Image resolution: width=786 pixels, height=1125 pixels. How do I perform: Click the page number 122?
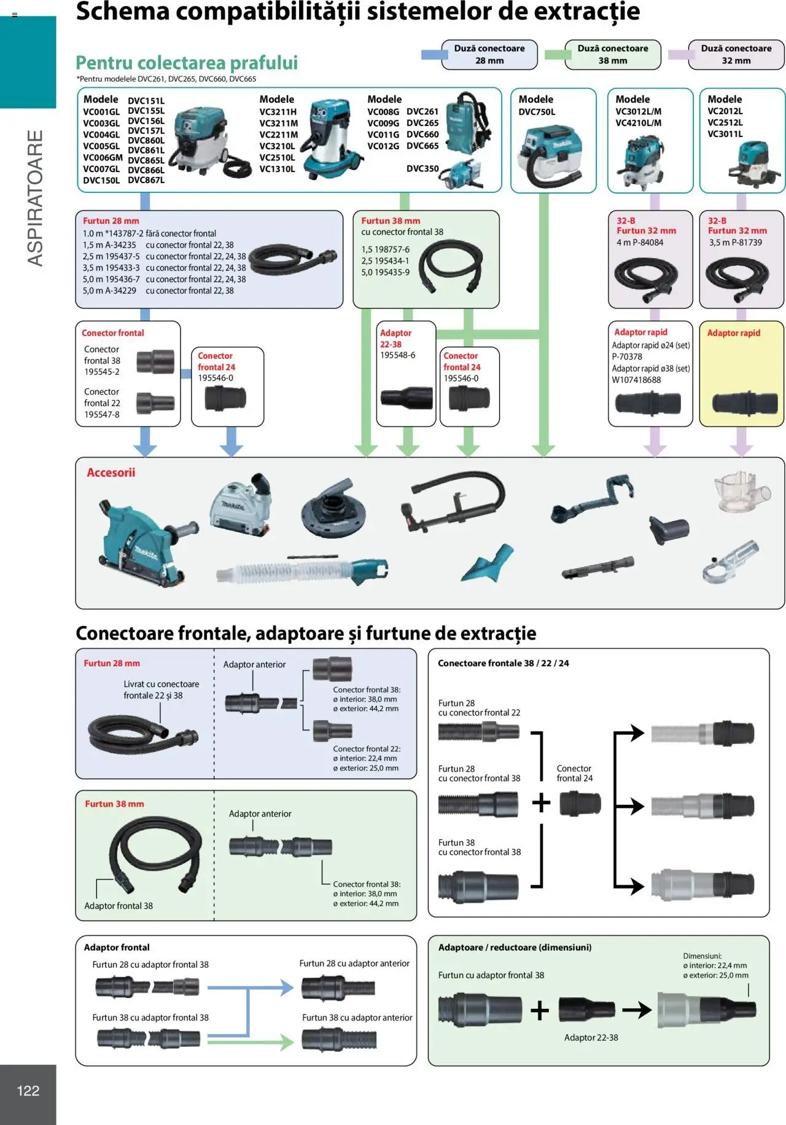[x=28, y=1091]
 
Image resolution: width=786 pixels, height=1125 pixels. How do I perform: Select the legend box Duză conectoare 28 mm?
[x=489, y=55]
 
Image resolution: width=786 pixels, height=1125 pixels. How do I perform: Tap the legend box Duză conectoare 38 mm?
[x=612, y=55]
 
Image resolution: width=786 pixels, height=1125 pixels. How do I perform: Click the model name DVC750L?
[x=537, y=112]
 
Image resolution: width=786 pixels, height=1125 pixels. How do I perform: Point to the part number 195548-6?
[x=397, y=355]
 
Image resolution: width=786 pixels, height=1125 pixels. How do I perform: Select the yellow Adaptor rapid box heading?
[x=733, y=333]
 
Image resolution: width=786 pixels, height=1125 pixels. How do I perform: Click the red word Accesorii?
[x=111, y=472]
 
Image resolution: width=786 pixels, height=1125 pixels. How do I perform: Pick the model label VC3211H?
[x=278, y=112]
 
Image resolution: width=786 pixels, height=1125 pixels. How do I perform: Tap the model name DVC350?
[x=422, y=168]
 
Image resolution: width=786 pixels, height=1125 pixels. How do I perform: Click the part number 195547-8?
[x=102, y=415]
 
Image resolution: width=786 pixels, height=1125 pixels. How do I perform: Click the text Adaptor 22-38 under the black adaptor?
[x=591, y=1037]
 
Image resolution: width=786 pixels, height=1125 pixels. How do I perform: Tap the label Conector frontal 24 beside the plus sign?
[x=574, y=773]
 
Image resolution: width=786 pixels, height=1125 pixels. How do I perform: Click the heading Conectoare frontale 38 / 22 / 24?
[x=503, y=663]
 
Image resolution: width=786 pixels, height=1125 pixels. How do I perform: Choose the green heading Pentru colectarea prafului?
[x=187, y=63]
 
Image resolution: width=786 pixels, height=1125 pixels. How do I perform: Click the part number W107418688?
[x=636, y=380]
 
